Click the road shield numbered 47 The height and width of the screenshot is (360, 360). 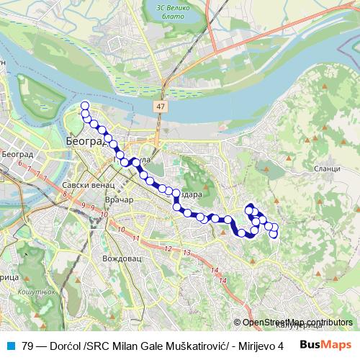(x=160, y=106)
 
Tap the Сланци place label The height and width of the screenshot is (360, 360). (x=326, y=168)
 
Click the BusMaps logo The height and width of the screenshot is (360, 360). (x=327, y=345)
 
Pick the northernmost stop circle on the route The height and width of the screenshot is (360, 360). (x=85, y=106)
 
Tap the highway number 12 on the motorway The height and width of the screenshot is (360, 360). (x=167, y=248)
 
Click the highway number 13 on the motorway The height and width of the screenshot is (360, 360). (x=186, y=253)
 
